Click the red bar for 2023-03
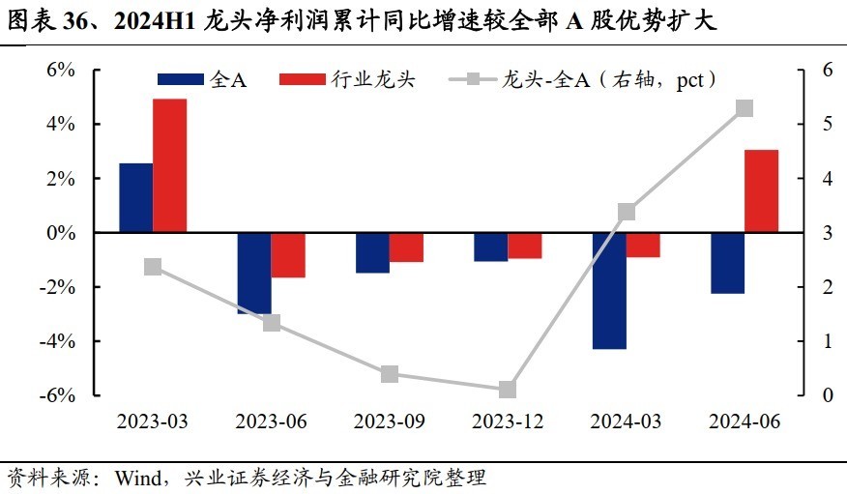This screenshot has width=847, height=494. coord(169,165)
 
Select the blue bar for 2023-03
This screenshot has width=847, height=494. coord(135,198)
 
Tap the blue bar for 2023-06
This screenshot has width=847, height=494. coord(254,274)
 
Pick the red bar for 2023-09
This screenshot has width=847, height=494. coord(406,247)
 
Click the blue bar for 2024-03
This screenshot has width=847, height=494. coord(609,291)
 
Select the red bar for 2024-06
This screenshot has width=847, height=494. coord(761,191)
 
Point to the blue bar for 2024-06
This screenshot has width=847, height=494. coord(727,263)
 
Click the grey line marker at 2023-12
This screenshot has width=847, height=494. coord(508,390)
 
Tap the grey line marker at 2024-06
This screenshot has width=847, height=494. coord(745,108)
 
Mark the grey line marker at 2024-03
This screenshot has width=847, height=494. coord(626,212)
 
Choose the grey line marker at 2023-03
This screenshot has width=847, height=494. coord(153,267)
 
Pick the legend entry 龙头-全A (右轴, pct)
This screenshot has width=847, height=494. coord(608,79)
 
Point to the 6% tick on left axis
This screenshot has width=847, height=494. coord(61,70)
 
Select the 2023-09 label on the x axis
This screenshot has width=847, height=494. coord(389,422)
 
